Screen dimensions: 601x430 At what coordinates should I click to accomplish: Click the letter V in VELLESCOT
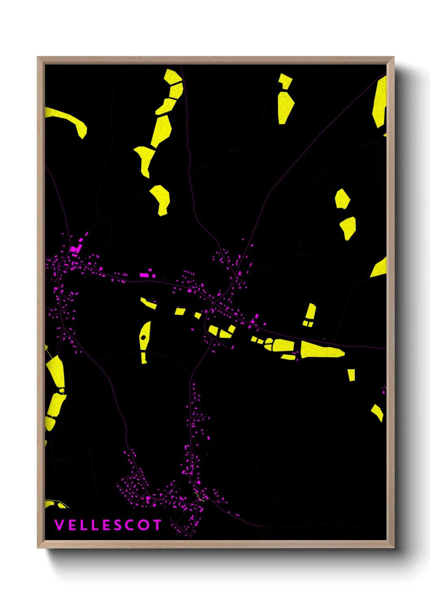click(59, 525)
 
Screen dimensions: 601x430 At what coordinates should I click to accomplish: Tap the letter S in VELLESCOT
click(118, 525)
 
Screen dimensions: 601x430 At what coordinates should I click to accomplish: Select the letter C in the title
click(130, 525)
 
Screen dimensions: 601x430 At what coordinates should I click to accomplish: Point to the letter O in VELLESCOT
click(144, 525)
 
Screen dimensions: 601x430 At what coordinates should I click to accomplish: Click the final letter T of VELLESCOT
click(157, 525)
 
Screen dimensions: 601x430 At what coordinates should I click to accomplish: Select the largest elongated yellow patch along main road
click(321, 350)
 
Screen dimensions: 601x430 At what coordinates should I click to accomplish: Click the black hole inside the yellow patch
click(143, 337)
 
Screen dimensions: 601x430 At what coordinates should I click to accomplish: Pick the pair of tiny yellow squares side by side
click(308, 324)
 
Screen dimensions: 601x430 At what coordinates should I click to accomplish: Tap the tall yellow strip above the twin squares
click(311, 311)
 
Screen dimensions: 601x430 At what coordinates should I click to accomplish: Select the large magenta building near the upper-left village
click(74, 249)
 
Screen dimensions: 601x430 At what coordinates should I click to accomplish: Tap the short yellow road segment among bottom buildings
click(198, 498)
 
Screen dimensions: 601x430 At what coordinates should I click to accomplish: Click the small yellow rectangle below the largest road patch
click(351, 375)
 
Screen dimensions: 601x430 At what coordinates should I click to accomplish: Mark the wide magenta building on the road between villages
click(145, 275)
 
